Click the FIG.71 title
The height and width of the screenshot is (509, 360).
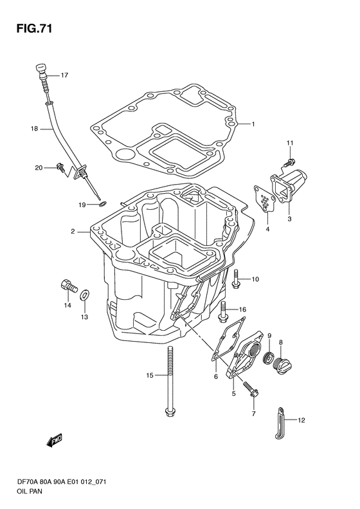(34, 28)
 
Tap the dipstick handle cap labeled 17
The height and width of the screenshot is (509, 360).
(40, 68)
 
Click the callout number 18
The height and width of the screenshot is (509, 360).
(34, 129)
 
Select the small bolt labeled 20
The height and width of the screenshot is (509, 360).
(60, 167)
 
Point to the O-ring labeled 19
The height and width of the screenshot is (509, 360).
(102, 204)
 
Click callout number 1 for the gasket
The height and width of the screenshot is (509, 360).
(253, 124)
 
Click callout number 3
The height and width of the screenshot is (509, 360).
(289, 219)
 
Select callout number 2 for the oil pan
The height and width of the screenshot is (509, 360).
(73, 232)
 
